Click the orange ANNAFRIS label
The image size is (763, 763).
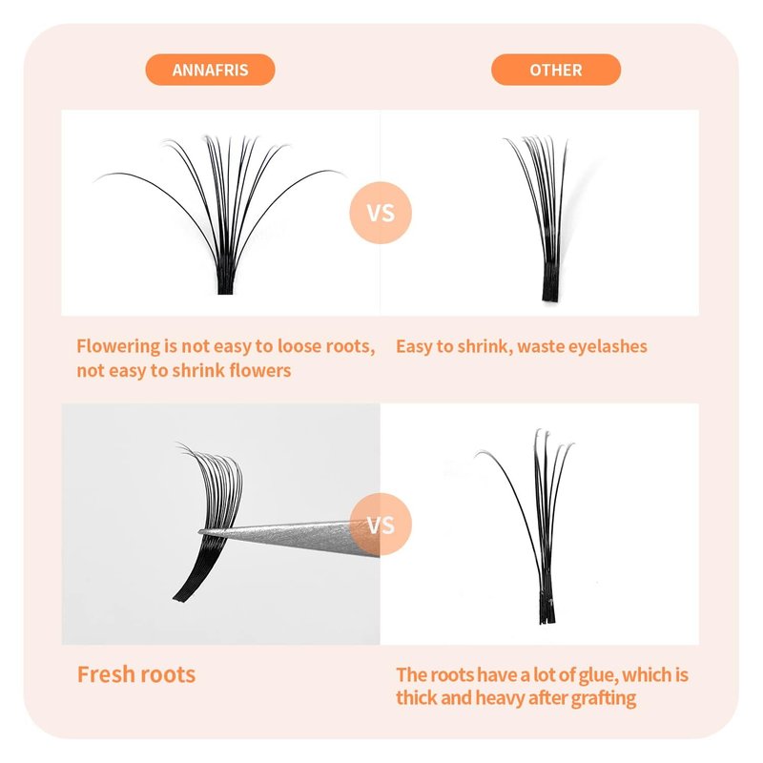(x=210, y=70)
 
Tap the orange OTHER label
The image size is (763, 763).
(x=556, y=70)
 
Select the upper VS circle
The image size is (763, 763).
(x=381, y=213)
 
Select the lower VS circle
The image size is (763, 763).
(x=381, y=524)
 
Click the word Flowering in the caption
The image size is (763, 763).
(x=118, y=347)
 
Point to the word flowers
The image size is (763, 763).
(x=259, y=370)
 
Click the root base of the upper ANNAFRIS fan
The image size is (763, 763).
(x=225, y=286)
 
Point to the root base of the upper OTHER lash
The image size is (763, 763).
(x=550, y=292)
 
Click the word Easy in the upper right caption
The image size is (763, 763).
(x=414, y=347)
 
